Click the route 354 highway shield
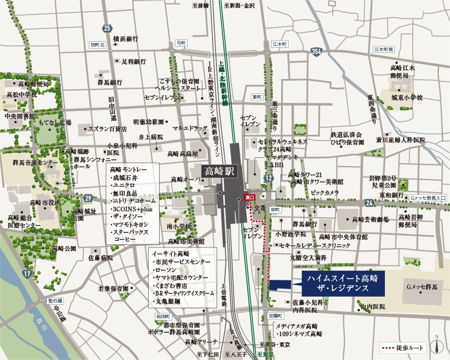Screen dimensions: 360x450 [316, 52]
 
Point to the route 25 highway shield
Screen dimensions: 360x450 [106, 28]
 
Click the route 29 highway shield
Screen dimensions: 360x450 [87, 198]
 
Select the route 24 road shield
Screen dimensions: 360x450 [369, 202]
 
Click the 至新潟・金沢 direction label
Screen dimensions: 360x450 [241, 5]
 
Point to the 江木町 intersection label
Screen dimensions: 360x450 [280, 44]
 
